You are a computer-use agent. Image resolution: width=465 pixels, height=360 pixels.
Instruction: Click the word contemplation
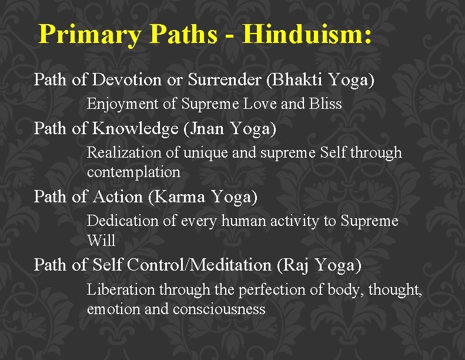coord(133,172)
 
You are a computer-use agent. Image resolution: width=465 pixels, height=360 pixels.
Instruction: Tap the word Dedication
coord(121,221)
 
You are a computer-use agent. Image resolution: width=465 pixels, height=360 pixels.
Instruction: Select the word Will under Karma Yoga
coord(101,241)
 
